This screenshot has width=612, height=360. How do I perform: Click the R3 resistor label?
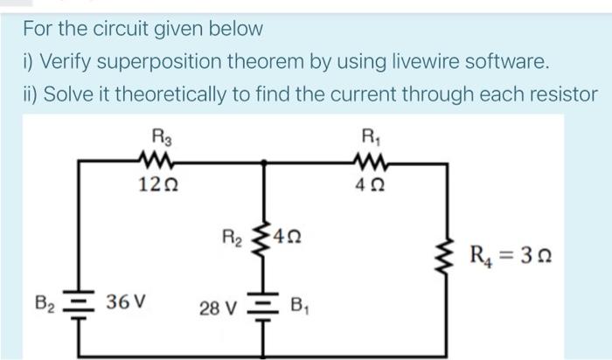[161, 136]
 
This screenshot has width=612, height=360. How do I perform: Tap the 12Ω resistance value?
[161, 184]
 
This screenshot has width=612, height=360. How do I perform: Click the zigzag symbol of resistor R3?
[161, 160]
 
